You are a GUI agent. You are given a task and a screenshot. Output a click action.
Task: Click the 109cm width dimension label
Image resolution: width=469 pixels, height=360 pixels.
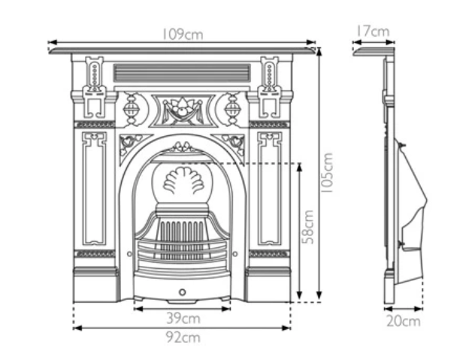(x=183, y=35)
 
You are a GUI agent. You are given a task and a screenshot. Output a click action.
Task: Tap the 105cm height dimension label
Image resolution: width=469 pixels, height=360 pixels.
(x=328, y=174)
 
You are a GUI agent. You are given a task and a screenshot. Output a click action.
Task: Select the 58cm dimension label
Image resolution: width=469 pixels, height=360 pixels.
(x=308, y=228)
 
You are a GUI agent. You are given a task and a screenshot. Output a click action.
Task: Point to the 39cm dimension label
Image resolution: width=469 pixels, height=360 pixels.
(x=182, y=318)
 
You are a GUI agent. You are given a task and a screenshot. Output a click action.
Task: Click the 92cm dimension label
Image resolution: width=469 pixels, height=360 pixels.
(x=183, y=337)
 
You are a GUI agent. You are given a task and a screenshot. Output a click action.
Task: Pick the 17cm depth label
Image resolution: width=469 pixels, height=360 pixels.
(x=372, y=32)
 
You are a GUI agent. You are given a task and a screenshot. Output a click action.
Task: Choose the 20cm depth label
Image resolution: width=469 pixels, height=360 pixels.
(x=404, y=322)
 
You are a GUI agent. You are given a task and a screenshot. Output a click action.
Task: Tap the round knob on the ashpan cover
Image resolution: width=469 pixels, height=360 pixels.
(x=182, y=291)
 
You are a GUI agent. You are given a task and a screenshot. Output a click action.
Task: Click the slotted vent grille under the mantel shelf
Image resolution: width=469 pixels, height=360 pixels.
(x=181, y=73)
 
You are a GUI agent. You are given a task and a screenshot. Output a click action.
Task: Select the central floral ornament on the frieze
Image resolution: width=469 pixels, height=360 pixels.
(x=181, y=110)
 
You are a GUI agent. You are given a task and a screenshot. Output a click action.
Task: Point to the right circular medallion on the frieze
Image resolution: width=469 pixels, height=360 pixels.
(x=232, y=110)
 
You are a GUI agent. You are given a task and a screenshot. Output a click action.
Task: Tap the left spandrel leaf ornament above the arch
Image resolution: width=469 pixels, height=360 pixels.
(x=132, y=141)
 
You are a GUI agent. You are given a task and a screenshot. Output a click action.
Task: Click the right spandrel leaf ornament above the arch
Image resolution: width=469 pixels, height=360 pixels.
(x=232, y=141)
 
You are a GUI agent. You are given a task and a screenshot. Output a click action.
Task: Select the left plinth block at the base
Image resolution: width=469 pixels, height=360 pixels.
(x=95, y=283)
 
